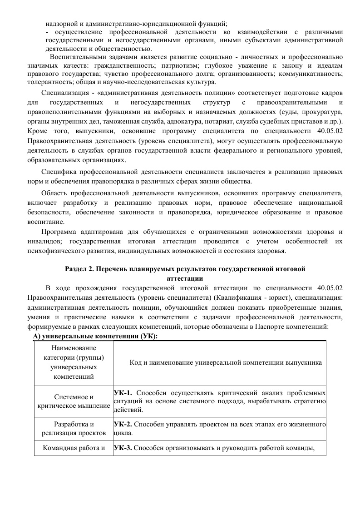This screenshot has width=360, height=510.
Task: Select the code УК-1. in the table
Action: pyautogui.click(x=123, y=392)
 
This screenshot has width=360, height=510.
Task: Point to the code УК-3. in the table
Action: pyautogui.click(x=123, y=448)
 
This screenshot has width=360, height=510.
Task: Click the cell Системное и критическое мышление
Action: pyautogui.click(x=74, y=401)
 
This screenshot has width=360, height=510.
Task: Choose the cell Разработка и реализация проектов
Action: pyautogui.click(x=74, y=428)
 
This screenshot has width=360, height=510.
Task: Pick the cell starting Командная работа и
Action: pyautogui.click(x=74, y=448)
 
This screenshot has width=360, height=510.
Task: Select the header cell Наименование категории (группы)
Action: pyautogui.click(x=74, y=362)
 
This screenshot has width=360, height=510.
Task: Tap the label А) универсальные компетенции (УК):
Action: pyautogui.click(x=95, y=337)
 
